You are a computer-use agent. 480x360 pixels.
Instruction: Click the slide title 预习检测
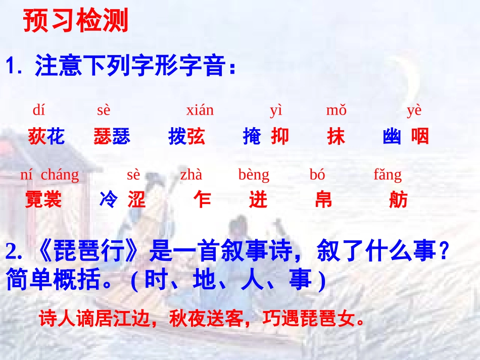[x=76, y=21]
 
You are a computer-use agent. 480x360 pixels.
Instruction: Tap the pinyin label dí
[x=39, y=110]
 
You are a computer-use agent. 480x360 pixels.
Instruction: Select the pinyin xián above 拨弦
[x=200, y=110]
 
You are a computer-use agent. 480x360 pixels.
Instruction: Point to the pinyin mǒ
[x=336, y=110]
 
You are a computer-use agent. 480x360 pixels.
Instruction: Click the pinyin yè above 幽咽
[x=414, y=110]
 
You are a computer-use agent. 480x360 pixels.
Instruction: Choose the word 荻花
[x=46, y=136]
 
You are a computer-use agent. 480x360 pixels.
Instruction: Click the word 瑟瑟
[x=112, y=136]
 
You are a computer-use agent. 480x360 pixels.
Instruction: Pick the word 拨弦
[x=186, y=136]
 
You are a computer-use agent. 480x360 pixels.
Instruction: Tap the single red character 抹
[x=335, y=136]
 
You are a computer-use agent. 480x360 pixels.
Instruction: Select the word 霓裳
[x=43, y=200]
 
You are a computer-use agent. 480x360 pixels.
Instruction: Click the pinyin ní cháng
[x=50, y=175]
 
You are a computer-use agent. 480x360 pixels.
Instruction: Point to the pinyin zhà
[x=191, y=175]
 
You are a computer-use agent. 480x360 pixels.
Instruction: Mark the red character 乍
[x=202, y=200]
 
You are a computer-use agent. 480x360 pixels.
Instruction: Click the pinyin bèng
[x=254, y=175]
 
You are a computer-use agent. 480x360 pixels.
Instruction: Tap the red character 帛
[x=323, y=200]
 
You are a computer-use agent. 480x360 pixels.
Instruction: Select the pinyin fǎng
[x=388, y=175]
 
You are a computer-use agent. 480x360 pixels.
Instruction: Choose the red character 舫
[x=398, y=200]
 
